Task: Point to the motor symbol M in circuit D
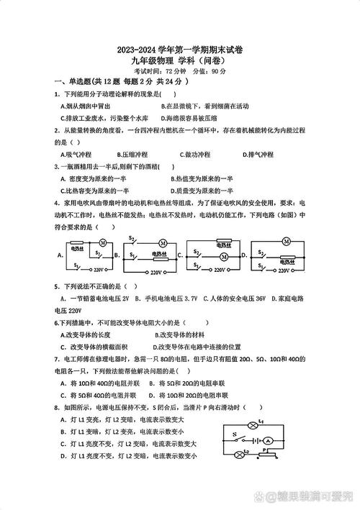coord(286,242)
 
